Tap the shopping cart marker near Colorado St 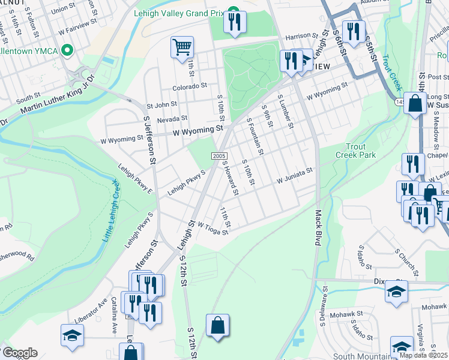click(182, 46)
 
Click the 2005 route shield click(218, 156)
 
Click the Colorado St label click(190, 86)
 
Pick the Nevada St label click(172, 118)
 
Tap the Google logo click(20, 353)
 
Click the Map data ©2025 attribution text click(423, 355)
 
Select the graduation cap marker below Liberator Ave click(72, 335)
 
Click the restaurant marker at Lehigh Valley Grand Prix click(234, 22)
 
